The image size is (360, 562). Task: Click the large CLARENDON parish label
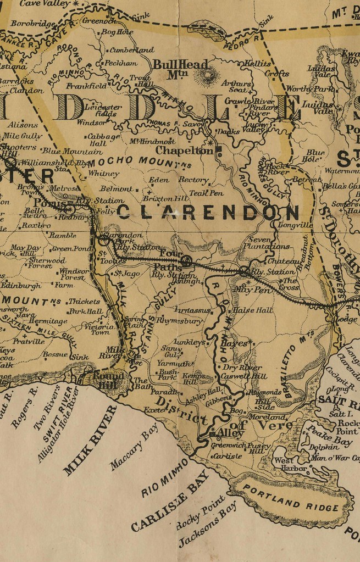(x=209, y=213)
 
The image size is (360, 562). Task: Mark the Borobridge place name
(x=33, y=24)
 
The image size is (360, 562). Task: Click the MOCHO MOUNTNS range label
(x=141, y=162)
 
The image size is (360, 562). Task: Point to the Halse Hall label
(x=253, y=310)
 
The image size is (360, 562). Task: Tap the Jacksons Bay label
(x=208, y=525)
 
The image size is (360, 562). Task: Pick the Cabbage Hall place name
(x=104, y=140)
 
